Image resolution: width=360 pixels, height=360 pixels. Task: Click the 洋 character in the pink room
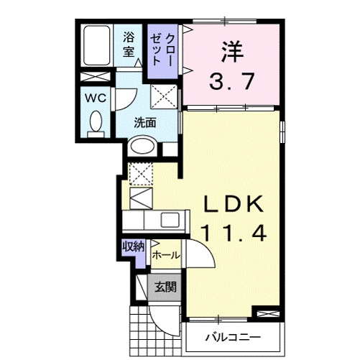coord(230,51)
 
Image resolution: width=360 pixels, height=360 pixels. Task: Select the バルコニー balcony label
coord(231,336)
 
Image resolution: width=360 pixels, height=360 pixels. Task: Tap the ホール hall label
coord(165,255)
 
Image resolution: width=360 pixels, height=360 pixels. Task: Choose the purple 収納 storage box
coord(133,246)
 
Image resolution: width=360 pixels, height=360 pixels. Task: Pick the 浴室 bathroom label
coord(129,44)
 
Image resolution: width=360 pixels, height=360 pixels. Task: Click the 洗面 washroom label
coord(145,122)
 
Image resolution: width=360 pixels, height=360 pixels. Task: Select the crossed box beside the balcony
coord(266,314)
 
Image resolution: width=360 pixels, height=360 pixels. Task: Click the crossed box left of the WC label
coord(95,77)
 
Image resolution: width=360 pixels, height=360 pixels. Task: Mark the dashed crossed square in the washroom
coord(165,95)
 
